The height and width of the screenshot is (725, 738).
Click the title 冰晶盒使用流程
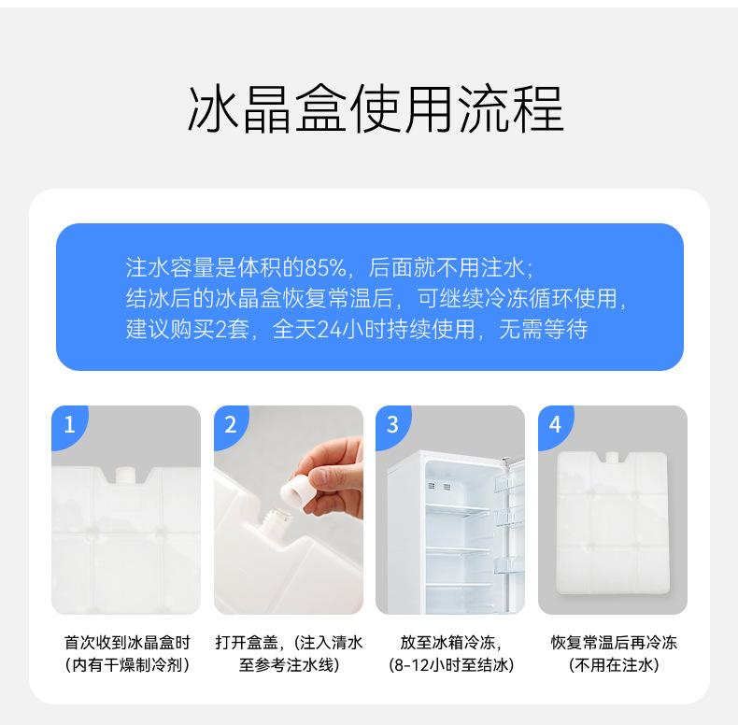click(x=376, y=109)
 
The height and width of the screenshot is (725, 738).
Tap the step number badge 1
click(x=69, y=425)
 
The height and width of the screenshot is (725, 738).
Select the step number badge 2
click(x=231, y=425)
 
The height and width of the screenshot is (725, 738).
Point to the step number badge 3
click(x=392, y=425)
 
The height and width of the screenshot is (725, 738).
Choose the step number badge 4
click(x=555, y=425)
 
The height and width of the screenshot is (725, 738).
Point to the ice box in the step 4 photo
click(x=612, y=522)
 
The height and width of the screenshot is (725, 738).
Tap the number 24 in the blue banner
click(x=330, y=329)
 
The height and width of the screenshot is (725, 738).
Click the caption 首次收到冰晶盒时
click(x=127, y=642)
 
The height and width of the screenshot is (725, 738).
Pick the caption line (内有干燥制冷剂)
click(x=127, y=665)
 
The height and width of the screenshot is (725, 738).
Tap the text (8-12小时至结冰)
click(x=451, y=665)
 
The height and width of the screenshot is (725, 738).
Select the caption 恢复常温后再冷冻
click(x=614, y=642)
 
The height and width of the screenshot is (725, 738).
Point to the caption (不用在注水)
click(x=614, y=665)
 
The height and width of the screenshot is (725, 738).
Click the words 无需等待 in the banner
click(x=543, y=329)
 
